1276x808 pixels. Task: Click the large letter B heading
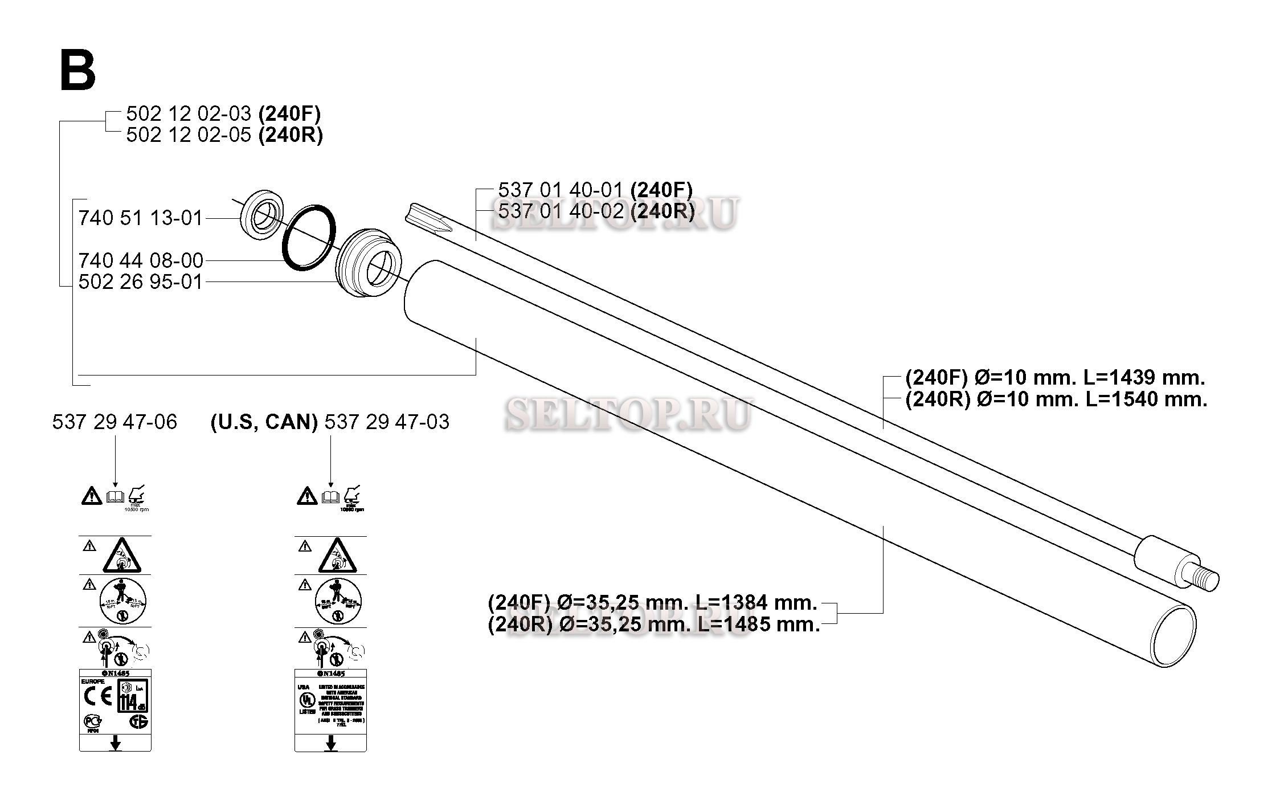pyautogui.click(x=78, y=71)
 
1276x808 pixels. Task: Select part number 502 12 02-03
pyautogui.click(x=188, y=114)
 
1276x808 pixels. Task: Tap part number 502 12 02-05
pyautogui.click(x=188, y=135)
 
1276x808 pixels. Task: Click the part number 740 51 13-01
pyautogui.click(x=141, y=218)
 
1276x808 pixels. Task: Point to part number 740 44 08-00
pyautogui.click(x=141, y=261)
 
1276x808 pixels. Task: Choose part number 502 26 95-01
pyautogui.click(x=141, y=282)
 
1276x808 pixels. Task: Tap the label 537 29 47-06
pyautogui.click(x=114, y=422)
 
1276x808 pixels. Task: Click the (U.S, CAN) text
pyautogui.click(x=264, y=422)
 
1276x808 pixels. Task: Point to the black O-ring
pyautogui.click(x=308, y=238)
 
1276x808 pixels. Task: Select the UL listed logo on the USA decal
pyautogui.click(x=308, y=700)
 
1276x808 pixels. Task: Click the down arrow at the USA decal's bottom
pyautogui.click(x=330, y=744)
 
